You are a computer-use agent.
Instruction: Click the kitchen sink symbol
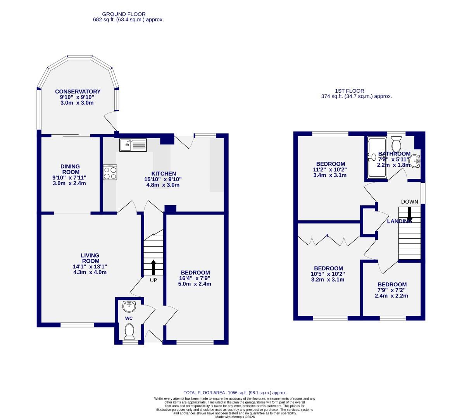click(x=133, y=145)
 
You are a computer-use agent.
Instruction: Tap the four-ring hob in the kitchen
click(x=110, y=172)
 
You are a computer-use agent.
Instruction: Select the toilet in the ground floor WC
click(x=129, y=331)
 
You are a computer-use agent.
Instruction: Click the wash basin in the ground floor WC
click(x=129, y=306)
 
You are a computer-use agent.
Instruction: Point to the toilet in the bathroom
click(x=396, y=144)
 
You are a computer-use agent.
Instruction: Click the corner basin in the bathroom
click(x=415, y=161)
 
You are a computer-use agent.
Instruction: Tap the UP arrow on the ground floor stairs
click(x=153, y=267)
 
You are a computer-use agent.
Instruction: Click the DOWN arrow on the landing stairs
click(x=409, y=214)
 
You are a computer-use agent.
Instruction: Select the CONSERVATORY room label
click(x=78, y=92)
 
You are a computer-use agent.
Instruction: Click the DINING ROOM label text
click(x=70, y=169)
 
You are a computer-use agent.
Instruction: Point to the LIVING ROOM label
click(x=90, y=258)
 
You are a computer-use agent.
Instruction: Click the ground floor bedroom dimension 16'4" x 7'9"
click(x=195, y=278)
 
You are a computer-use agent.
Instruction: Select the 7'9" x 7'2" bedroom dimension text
click(x=392, y=290)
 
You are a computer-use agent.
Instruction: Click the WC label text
click(x=129, y=318)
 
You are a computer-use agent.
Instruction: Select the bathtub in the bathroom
click(x=376, y=157)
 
